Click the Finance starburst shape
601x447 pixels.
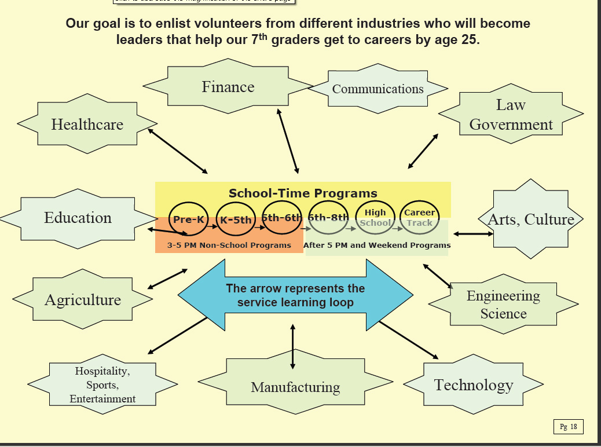228,87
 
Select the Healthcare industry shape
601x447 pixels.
87,124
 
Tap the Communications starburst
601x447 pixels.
378,89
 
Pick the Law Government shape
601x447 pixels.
511,115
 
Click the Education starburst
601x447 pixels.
78,218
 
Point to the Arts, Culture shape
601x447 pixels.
531,219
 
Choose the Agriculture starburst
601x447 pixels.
83,300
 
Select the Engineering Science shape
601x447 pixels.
503,305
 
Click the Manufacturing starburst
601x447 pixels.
295,387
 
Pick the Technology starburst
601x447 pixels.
474,385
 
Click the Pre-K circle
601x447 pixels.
189,219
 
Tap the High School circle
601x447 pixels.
375,218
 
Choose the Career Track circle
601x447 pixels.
420,218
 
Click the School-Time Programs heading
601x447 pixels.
303,193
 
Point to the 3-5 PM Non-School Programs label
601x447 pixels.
229,245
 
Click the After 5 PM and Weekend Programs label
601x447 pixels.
377,245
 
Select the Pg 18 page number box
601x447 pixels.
568,427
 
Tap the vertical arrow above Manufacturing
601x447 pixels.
292,346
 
